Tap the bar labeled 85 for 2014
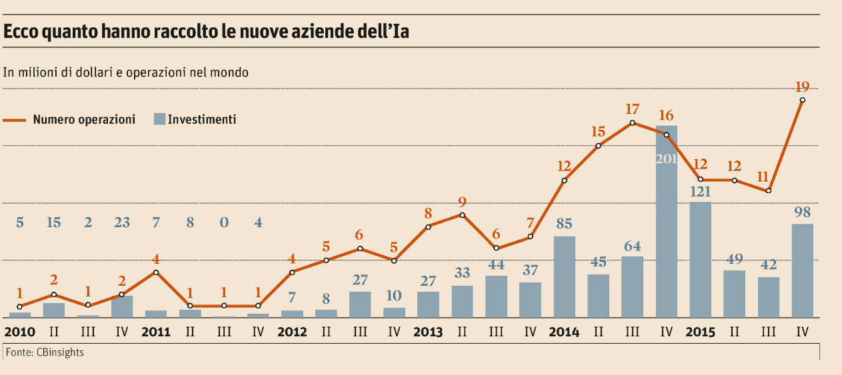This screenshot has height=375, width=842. (565, 276)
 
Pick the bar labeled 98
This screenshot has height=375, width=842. (802, 270)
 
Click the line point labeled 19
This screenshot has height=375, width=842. (802, 100)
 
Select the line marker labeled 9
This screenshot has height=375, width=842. (462, 214)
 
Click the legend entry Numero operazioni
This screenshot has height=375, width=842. (84, 120)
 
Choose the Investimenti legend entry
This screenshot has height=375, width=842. (201, 120)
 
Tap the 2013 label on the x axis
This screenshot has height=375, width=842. (428, 332)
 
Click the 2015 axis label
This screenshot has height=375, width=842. (700, 332)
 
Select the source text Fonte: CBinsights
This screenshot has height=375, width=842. (44, 352)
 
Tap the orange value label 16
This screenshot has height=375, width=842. (667, 115)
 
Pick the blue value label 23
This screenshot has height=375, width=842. (122, 223)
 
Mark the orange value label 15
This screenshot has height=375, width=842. (599, 132)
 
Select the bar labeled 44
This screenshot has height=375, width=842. (496, 296)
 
